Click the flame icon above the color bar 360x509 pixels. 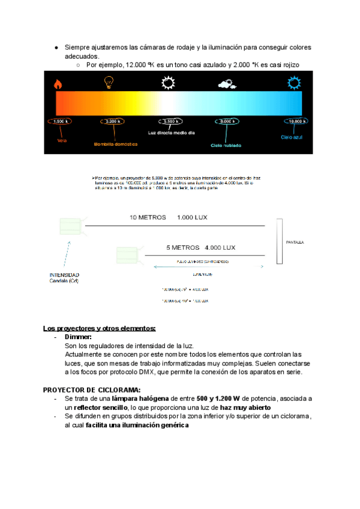(x=58, y=83)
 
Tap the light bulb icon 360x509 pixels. (x=108, y=83)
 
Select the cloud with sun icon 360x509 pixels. (x=226, y=83)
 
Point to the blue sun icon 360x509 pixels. (x=294, y=82)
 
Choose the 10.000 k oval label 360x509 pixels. (x=296, y=121)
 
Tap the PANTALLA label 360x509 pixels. (x=295, y=242)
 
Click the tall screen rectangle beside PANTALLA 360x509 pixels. (x=278, y=242)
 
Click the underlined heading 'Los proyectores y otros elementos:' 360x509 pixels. (x=99, y=328)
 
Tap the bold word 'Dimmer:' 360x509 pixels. (x=77, y=337)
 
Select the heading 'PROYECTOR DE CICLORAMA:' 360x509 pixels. (x=92, y=390)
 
